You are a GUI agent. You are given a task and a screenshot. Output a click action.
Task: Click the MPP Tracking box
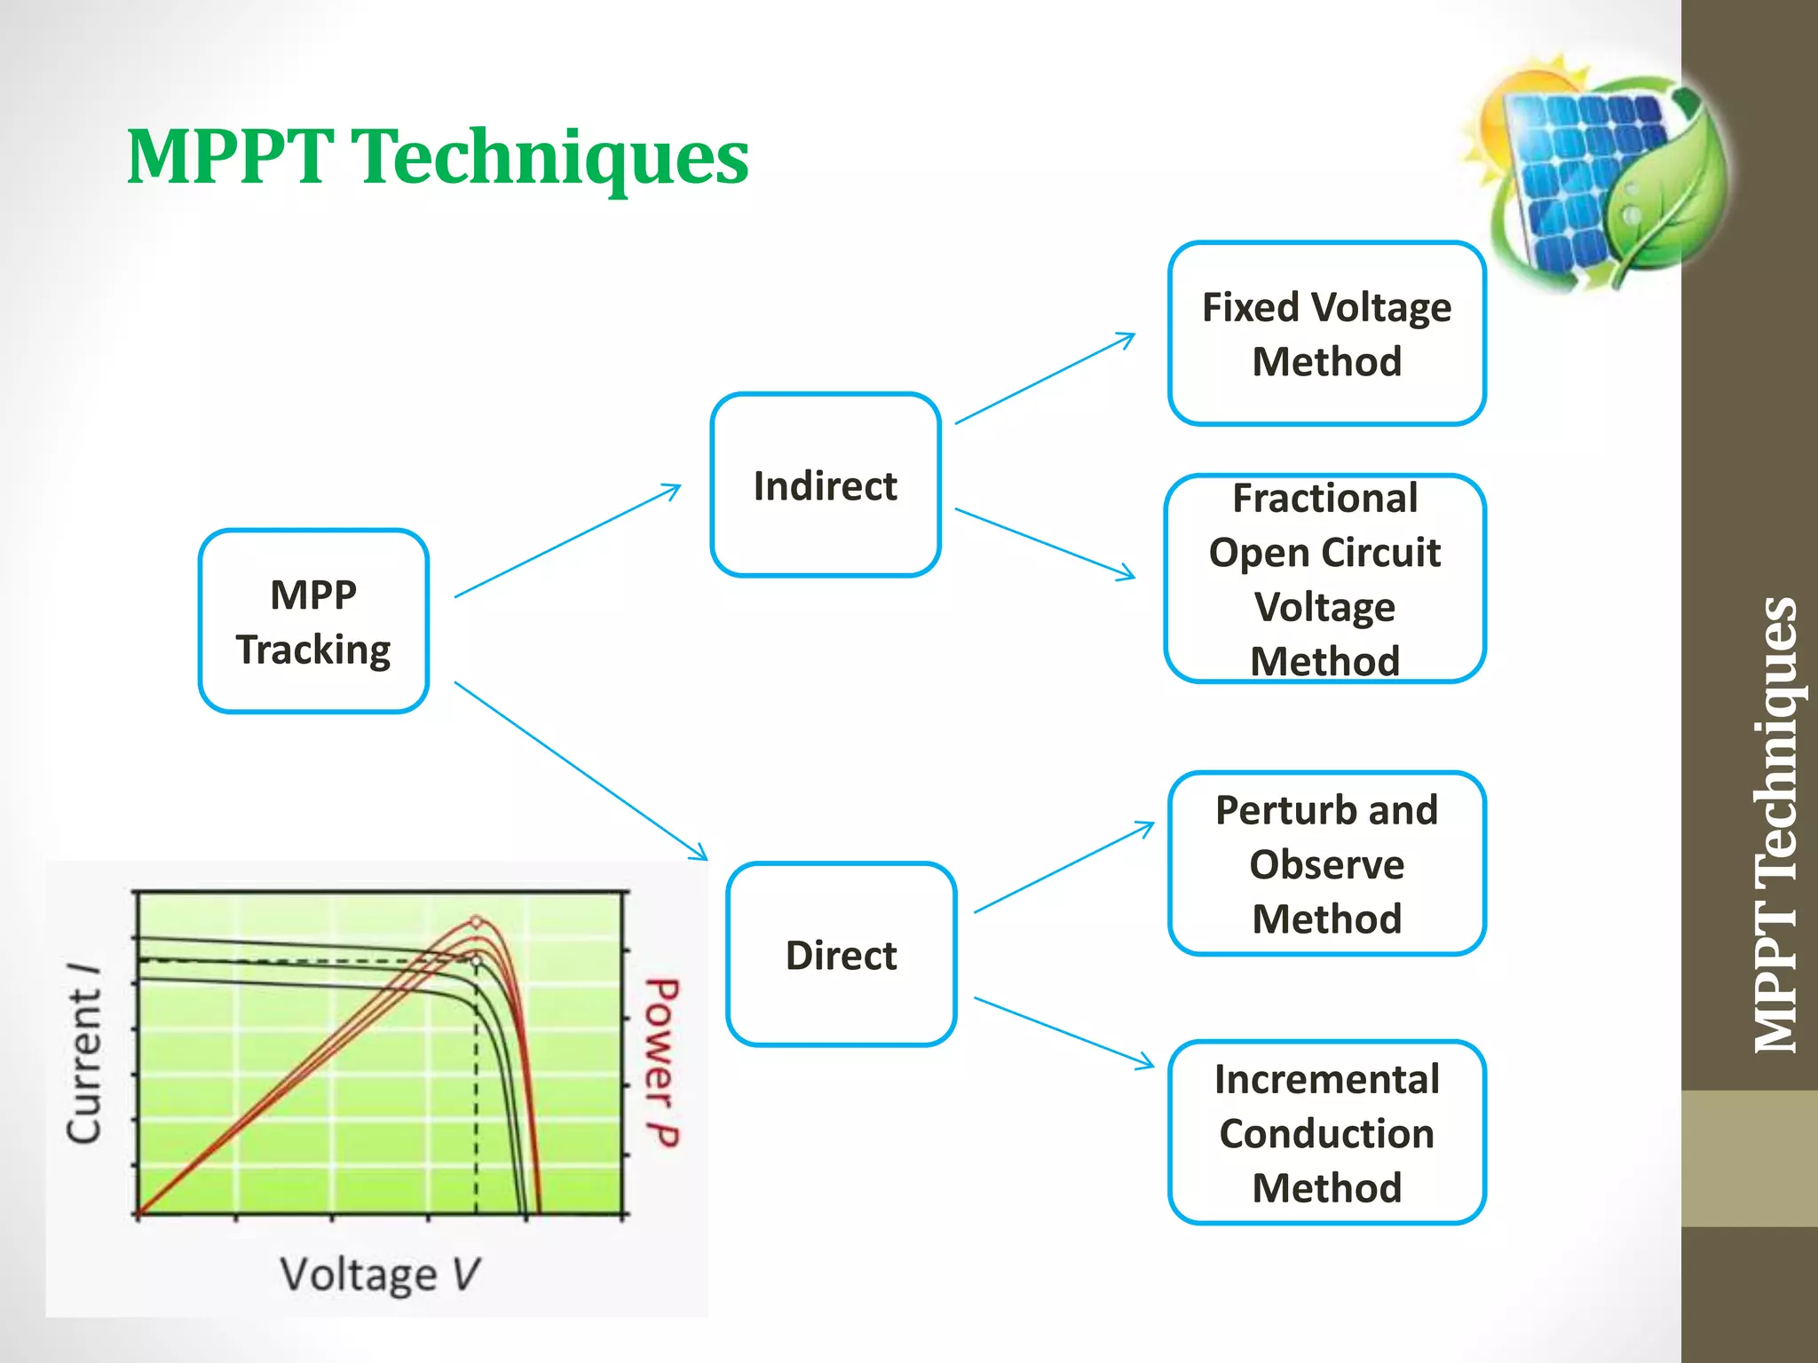point(313,621)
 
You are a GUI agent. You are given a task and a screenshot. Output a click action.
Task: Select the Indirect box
point(825,485)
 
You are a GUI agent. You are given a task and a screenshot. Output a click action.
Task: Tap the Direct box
point(841,955)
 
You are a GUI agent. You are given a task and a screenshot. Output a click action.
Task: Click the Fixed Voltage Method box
point(1326,334)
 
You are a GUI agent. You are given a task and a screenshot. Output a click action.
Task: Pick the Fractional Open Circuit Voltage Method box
point(1324,579)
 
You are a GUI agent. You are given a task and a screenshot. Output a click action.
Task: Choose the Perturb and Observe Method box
point(1326,863)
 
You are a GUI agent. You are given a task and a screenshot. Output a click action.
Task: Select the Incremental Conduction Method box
point(1326,1133)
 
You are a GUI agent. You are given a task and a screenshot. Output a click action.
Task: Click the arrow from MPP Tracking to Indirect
point(568,540)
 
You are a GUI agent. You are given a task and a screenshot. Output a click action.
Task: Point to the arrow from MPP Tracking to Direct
point(581,771)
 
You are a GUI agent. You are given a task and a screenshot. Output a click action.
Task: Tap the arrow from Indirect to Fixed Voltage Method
point(1045,379)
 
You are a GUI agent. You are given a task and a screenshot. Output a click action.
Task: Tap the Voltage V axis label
point(380,1274)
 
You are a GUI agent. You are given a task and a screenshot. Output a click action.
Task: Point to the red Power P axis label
point(661,1061)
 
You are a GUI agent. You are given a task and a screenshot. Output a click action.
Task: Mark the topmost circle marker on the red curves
point(476,922)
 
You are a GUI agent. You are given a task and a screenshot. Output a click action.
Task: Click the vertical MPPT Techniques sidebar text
point(1775,825)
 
